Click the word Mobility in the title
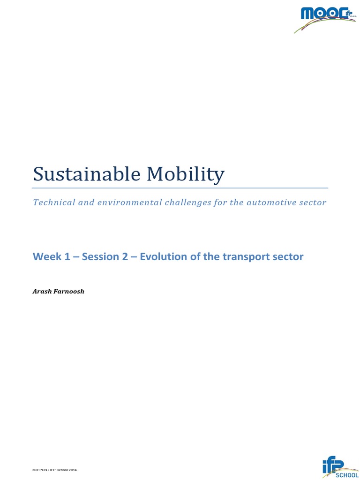[185, 175]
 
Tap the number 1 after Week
[65, 257]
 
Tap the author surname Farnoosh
[69, 291]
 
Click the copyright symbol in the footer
[33, 469]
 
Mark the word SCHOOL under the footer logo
[347, 475]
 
